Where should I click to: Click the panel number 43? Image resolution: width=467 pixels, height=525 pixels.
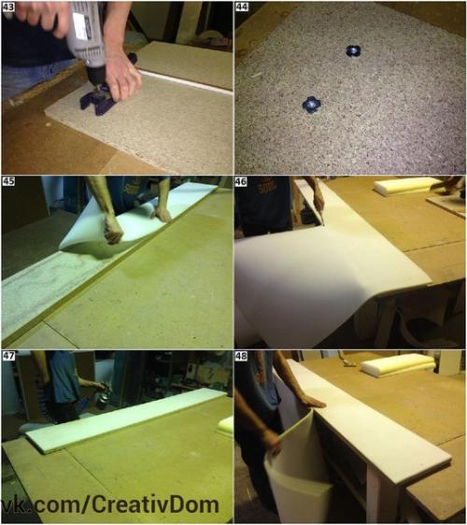coord(8,7)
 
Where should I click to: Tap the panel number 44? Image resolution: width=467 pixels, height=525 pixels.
coord(242,7)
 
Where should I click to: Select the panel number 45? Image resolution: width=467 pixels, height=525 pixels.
coord(8,181)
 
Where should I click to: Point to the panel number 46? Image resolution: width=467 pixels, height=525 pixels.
coord(242,182)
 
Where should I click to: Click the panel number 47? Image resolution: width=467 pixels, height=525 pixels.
coord(8,355)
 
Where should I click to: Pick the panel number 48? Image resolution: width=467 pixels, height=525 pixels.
coord(242,356)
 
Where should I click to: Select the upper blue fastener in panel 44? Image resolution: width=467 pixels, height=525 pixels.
coord(352,50)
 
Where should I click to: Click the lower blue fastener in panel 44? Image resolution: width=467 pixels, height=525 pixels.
coord(311,105)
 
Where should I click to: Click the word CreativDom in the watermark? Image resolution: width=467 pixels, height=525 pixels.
coord(155,505)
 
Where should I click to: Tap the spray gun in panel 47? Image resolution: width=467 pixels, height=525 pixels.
coord(103,396)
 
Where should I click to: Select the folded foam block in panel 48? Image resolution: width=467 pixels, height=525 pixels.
coord(398,365)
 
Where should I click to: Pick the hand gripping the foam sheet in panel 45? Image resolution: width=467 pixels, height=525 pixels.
coord(112,230)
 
